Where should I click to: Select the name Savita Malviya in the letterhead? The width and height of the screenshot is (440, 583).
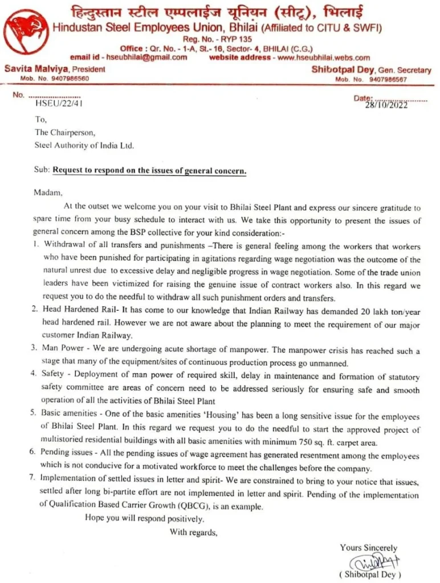click(30, 69)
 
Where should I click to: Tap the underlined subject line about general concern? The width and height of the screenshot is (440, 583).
click(150, 170)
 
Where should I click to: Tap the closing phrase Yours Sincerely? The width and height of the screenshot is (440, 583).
click(369, 548)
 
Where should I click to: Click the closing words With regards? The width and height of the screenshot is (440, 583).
click(193, 532)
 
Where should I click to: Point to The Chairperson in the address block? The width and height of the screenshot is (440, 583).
click(66, 132)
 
